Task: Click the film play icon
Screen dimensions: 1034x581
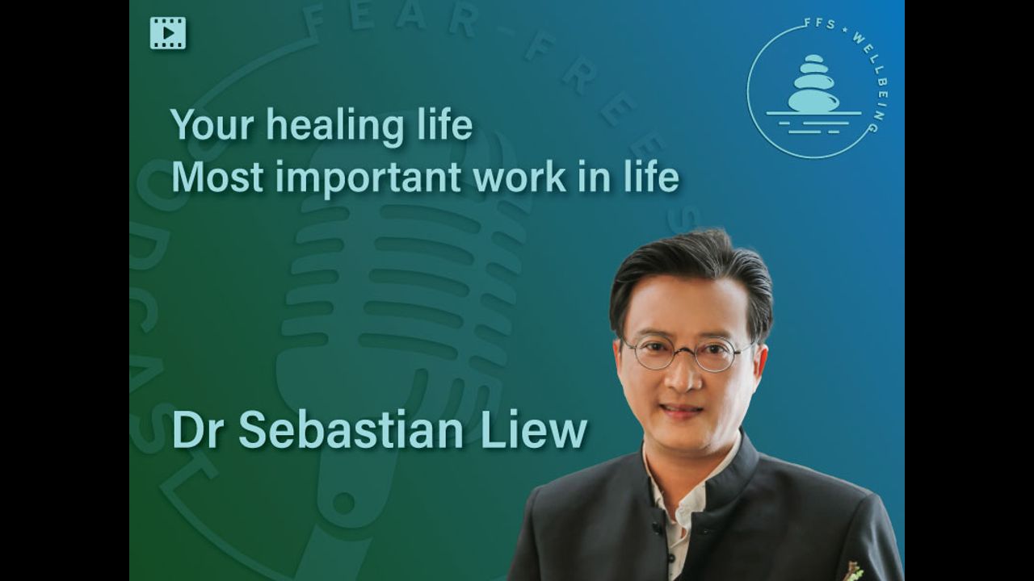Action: pos(168,33)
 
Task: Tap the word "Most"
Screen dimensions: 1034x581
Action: pos(217,177)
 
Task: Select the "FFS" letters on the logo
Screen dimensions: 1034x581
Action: pos(820,23)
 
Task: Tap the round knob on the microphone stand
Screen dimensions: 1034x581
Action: pos(343,504)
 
